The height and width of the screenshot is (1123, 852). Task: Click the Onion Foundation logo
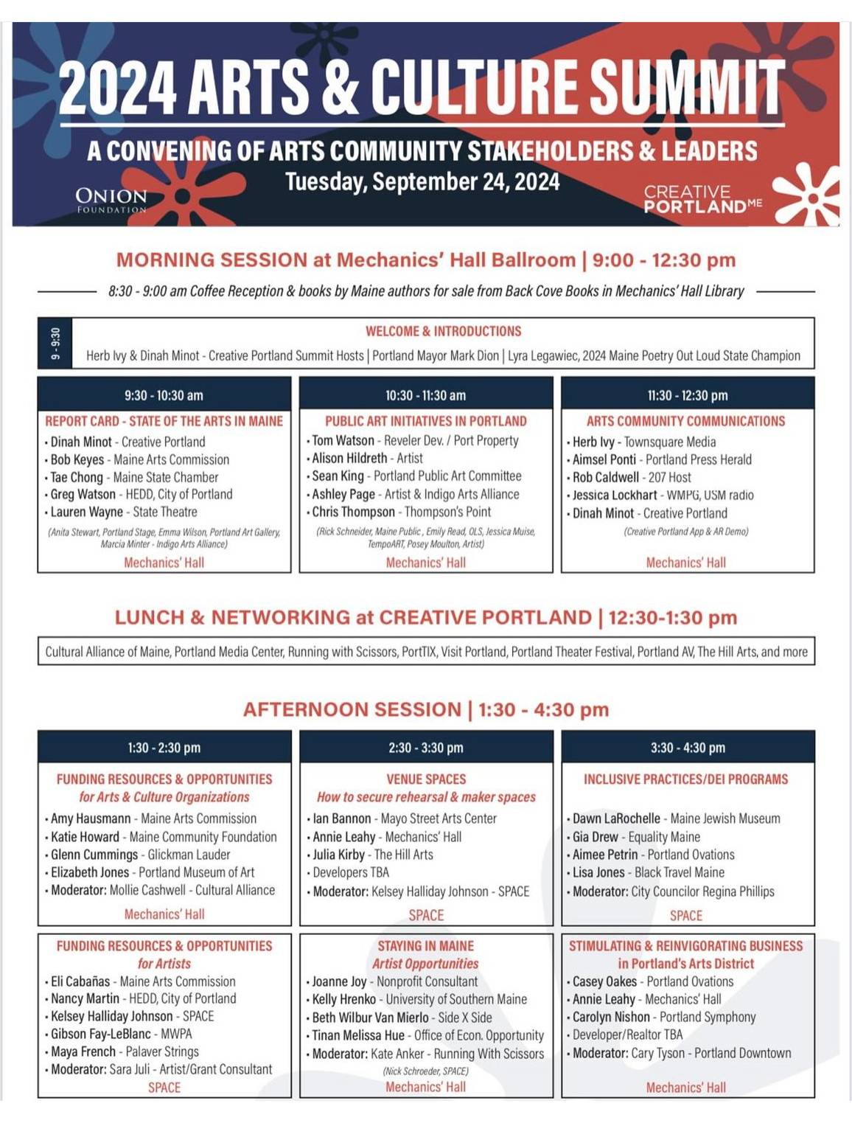pyautogui.click(x=111, y=199)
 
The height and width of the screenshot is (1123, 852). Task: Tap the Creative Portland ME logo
pyautogui.click(x=702, y=199)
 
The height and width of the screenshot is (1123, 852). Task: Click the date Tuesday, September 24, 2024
pyautogui.click(x=422, y=182)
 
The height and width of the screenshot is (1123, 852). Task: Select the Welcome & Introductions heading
pyautogui.click(x=443, y=331)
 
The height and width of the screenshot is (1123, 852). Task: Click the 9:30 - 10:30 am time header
pyautogui.click(x=164, y=395)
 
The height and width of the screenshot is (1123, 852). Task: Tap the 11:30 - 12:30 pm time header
pyautogui.click(x=687, y=395)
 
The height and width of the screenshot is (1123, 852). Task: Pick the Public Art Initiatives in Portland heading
pyautogui.click(x=425, y=421)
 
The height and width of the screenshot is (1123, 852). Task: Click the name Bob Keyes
pyautogui.click(x=77, y=459)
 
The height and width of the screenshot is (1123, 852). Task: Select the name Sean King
pyautogui.click(x=338, y=476)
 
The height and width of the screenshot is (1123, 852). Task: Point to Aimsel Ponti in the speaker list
pyautogui.click(x=604, y=459)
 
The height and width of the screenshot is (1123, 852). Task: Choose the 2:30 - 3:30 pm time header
pyautogui.click(x=425, y=748)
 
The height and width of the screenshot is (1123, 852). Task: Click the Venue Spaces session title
pyautogui.click(x=426, y=779)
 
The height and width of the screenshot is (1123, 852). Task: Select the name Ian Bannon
pyautogui.click(x=341, y=818)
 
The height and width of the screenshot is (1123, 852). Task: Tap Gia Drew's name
pyautogui.click(x=596, y=837)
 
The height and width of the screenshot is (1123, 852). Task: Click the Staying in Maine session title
pyautogui.click(x=425, y=946)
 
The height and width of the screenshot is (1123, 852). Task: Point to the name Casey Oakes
pyautogui.click(x=604, y=981)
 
